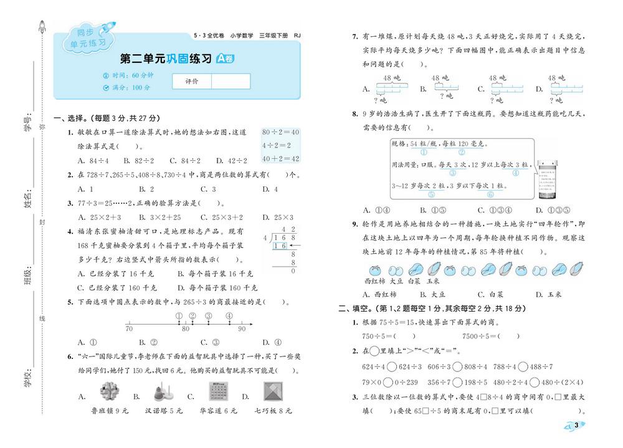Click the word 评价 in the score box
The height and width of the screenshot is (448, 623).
[192, 82]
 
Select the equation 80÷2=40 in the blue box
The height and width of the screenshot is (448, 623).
[281, 132]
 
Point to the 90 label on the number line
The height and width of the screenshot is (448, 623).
[242, 328]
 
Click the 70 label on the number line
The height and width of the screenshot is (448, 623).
[129, 328]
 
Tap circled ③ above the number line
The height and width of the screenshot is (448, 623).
[208, 315]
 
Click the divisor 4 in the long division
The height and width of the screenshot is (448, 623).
[265, 237]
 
